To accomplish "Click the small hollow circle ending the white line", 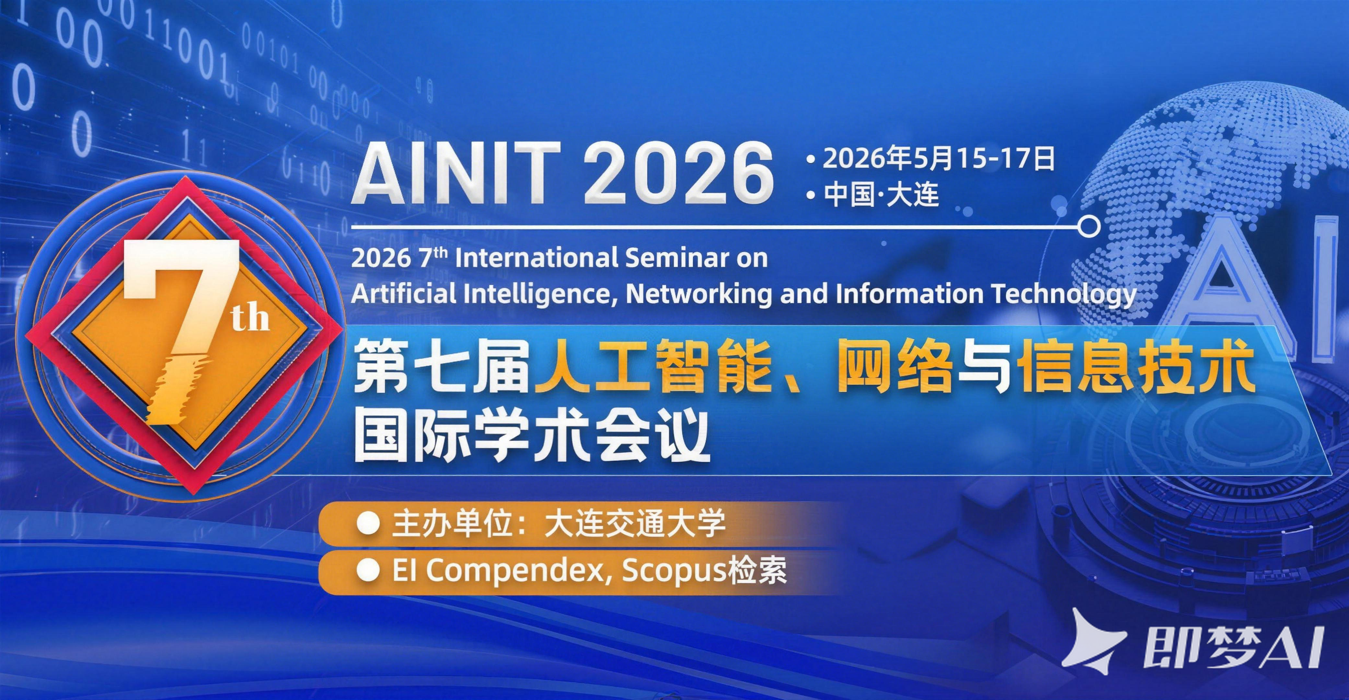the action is click(x=1090, y=227).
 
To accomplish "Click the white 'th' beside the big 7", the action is click(x=251, y=318).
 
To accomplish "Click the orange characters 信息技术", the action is click(x=1137, y=373).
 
